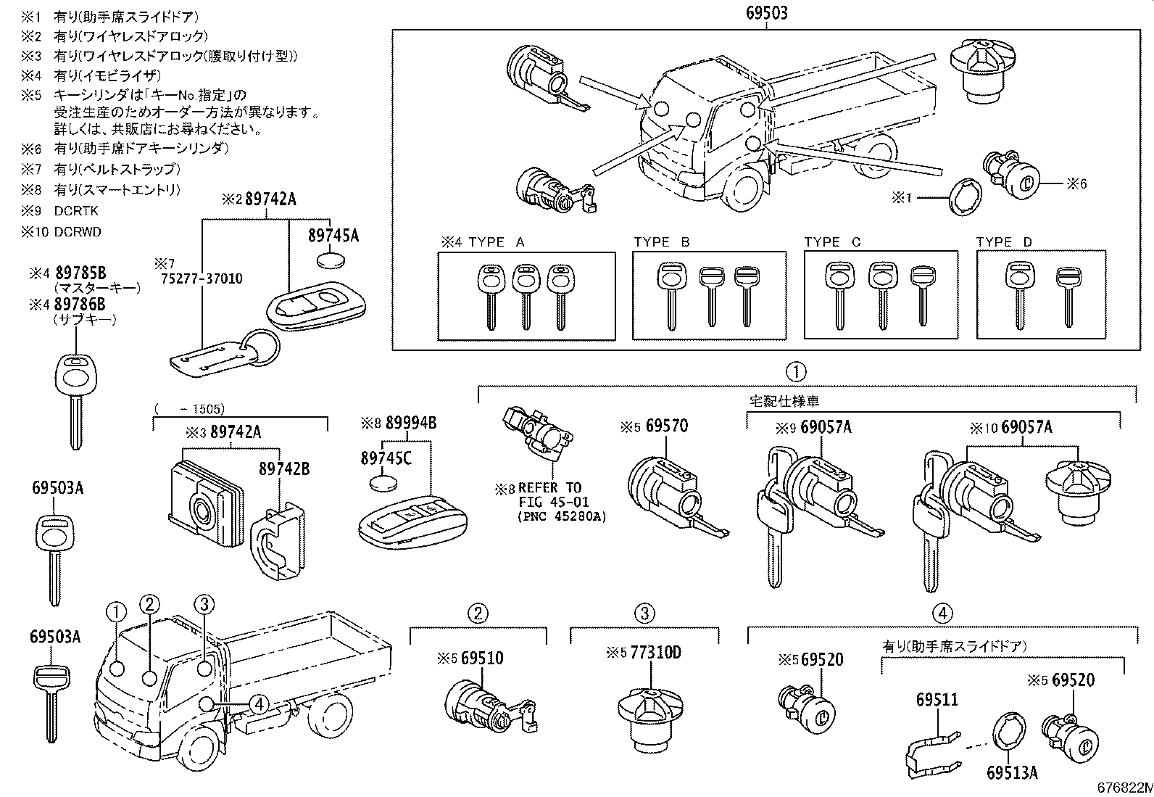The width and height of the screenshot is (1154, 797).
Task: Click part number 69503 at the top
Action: tap(766, 12)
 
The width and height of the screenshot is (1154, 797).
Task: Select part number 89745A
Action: tap(333, 236)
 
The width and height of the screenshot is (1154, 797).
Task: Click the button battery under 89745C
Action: tap(382, 484)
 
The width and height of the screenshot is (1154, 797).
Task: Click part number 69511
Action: tap(937, 700)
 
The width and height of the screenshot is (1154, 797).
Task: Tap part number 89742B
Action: tap(284, 468)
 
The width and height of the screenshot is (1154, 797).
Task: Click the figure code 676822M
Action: tap(1124, 788)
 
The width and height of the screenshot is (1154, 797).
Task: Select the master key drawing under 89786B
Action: tap(74, 392)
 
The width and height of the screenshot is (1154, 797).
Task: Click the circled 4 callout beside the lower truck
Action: tap(259, 703)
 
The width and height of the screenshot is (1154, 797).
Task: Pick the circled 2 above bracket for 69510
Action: tap(478, 614)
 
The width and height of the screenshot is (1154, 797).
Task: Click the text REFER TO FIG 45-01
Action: tap(553, 495)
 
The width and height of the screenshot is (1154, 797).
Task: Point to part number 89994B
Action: tap(411, 423)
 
